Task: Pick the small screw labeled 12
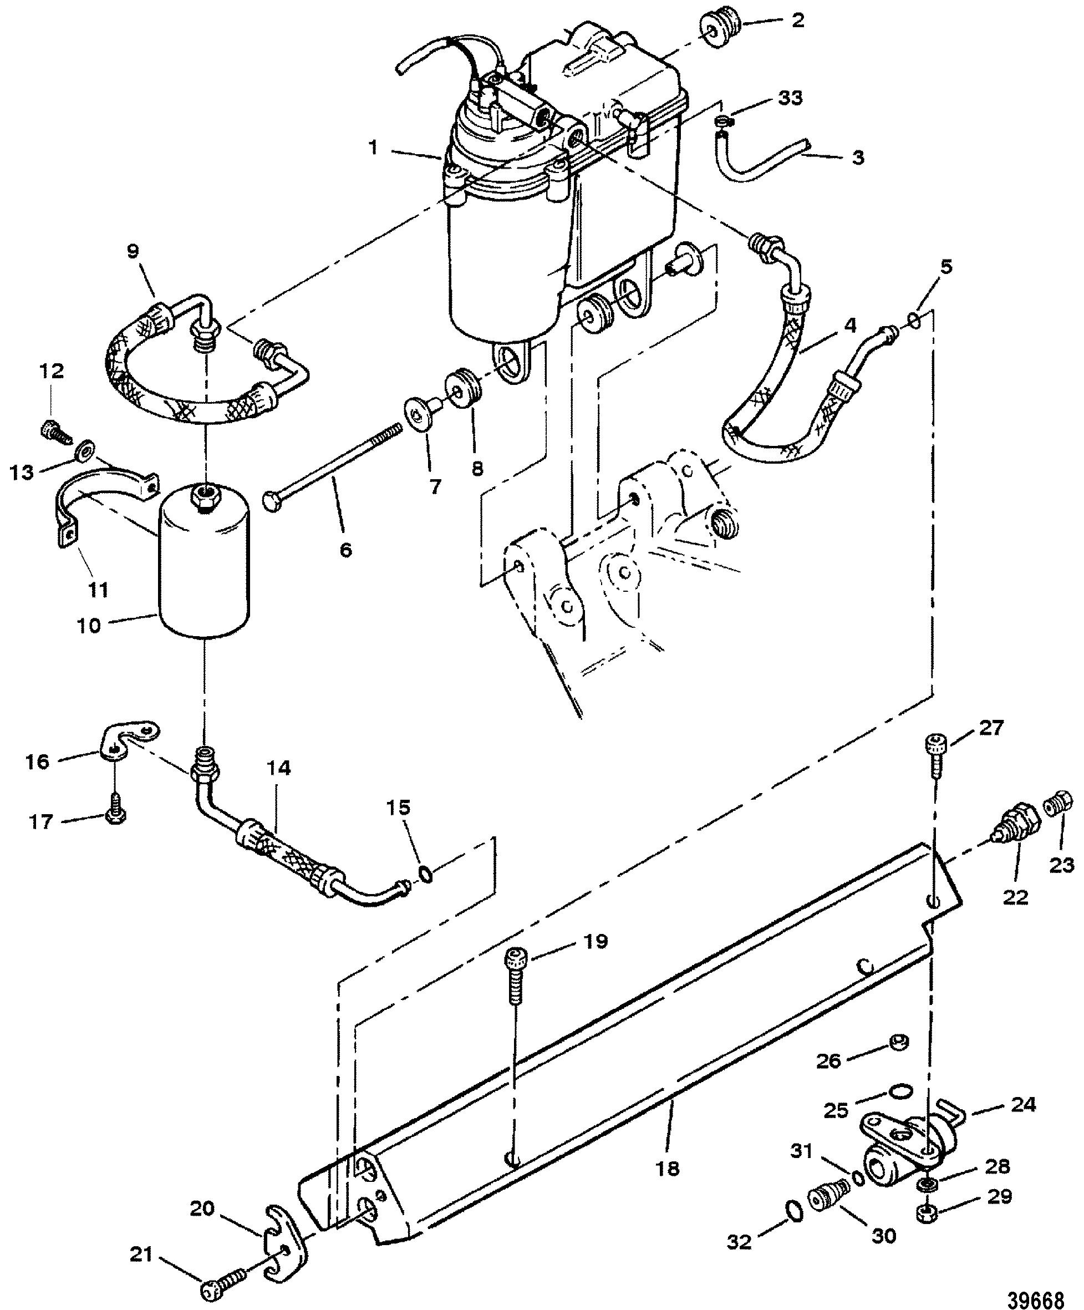[56, 430]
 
